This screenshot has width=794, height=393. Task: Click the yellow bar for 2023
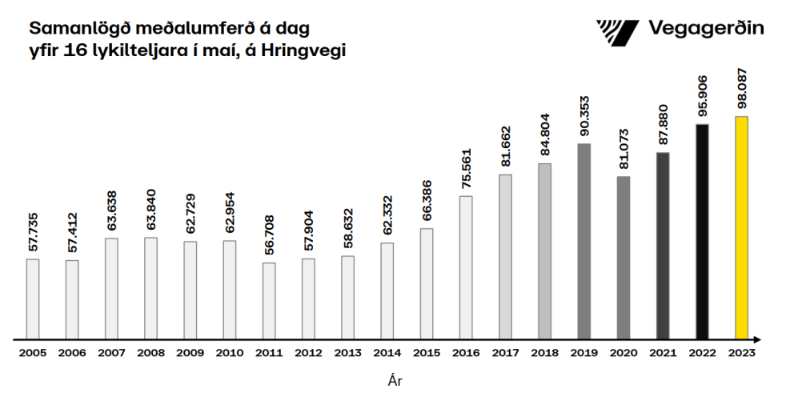[x=742, y=227]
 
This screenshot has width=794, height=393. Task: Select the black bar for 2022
[x=702, y=231]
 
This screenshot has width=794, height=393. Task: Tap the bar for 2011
[x=269, y=300]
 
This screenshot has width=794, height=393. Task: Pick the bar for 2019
[x=583, y=241]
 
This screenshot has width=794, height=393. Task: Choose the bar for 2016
[x=466, y=267]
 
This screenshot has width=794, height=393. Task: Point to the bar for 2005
[x=33, y=299]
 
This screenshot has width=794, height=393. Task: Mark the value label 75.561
[x=466, y=170]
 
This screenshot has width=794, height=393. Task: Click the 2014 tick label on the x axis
[x=387, y=351]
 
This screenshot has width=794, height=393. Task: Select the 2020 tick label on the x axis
[x=624, y=351]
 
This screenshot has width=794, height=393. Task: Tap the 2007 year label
[x=111, y=351]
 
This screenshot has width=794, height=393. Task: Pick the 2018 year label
[x=544, y=351]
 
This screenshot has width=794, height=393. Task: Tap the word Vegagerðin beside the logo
[x=705, y=30]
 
